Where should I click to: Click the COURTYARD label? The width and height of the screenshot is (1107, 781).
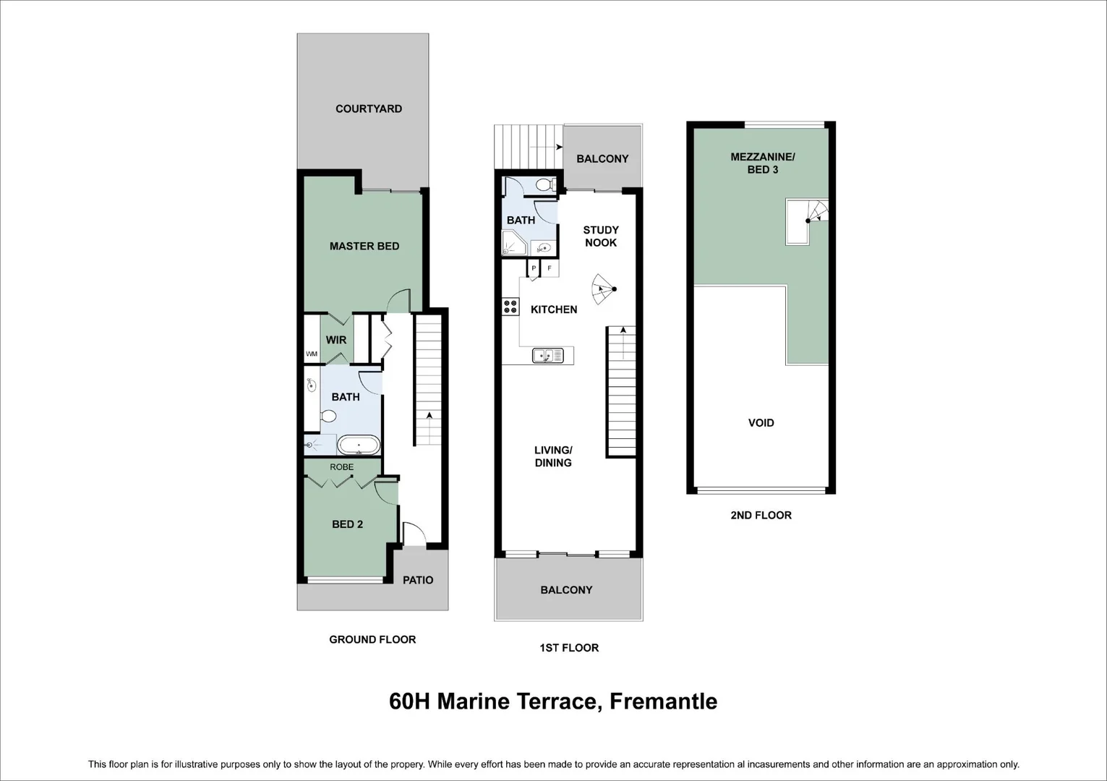369,108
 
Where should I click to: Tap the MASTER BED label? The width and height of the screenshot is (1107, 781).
364,246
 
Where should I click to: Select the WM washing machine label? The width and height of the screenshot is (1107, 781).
312,354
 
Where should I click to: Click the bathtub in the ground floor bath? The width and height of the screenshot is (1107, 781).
359,445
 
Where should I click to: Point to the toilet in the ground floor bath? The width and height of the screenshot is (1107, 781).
328,417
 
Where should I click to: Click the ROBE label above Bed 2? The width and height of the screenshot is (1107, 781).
341,467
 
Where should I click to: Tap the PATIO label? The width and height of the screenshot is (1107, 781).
418,580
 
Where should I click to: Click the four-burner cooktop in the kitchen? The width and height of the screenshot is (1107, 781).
510,307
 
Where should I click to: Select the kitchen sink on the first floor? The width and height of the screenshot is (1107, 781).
547,355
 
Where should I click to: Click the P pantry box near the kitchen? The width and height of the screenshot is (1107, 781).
534,268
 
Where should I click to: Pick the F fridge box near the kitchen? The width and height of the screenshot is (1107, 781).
550,268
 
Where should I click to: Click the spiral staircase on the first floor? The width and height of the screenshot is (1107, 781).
604,289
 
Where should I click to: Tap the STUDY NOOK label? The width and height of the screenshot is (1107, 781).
601,236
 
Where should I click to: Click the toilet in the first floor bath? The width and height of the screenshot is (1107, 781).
545,185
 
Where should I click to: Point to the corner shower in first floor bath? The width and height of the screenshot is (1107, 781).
514,243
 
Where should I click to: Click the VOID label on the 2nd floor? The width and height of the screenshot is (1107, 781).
761,423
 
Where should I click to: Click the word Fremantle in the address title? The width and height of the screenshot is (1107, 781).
663,701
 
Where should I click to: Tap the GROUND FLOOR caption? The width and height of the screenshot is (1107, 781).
372,640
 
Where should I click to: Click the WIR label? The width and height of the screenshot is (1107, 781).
336,340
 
